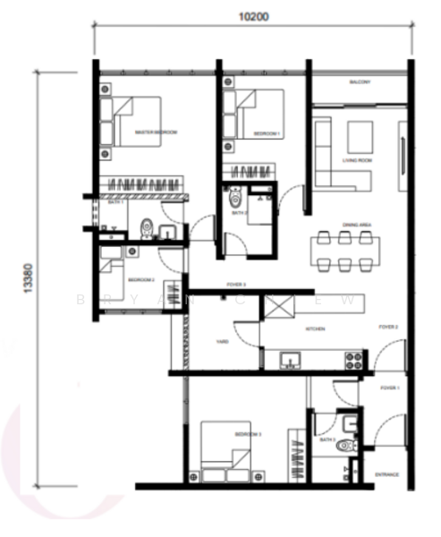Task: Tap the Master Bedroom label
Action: (156, 132)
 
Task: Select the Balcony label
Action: (360, 81)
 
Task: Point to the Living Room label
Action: (357, 161)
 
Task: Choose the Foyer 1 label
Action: (389, 388)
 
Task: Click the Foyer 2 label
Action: (388, 328)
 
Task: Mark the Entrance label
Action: (387, 474)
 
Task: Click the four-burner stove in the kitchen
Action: (353, 360)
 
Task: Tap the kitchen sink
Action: (288, 361)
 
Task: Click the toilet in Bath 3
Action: (346, 445)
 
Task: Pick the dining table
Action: (343, 250)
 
